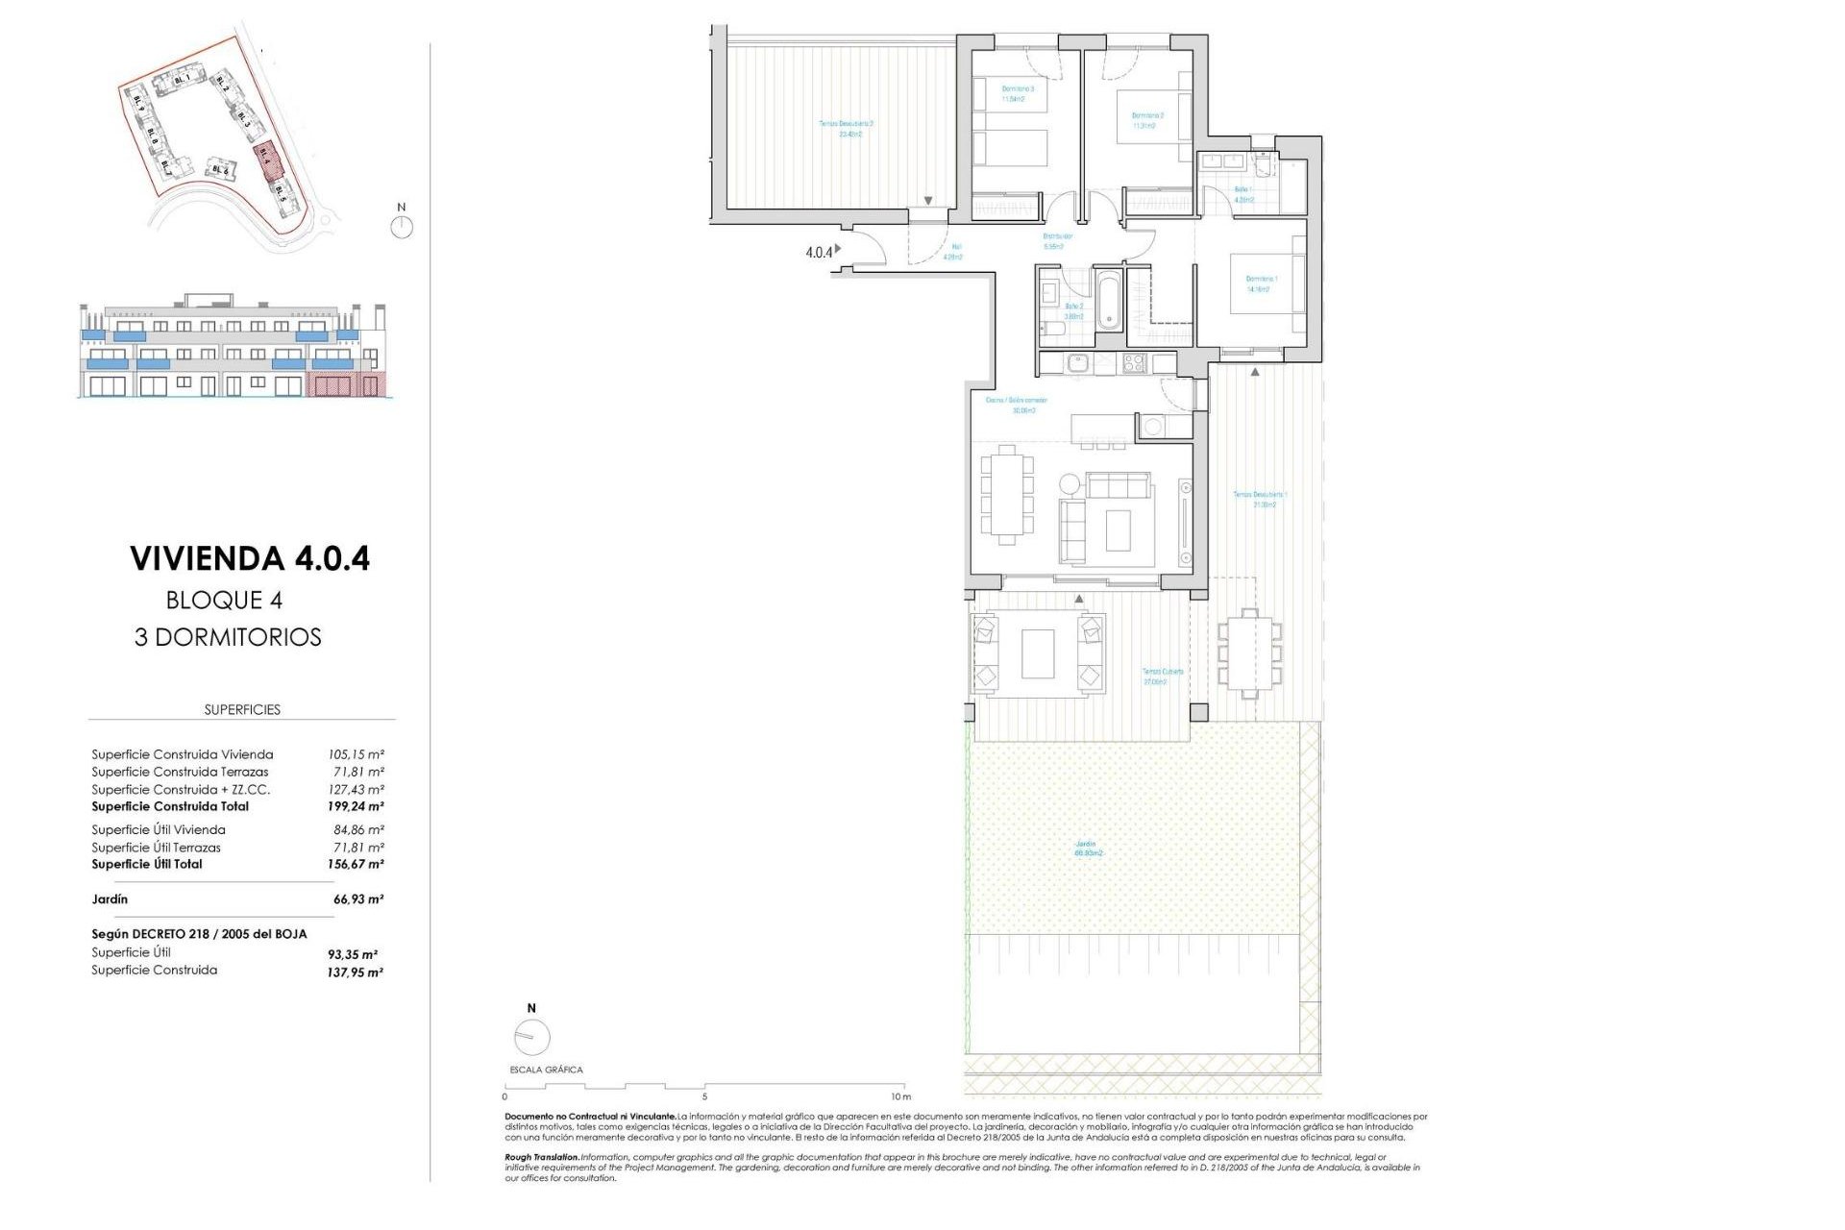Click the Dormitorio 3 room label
[1017, 93]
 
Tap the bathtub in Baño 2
[1109, 300]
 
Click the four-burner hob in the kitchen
[1134, 363]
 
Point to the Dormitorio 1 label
[1261, 283]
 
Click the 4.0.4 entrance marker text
[819, 253]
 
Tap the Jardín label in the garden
[1088, 849]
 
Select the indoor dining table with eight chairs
[1006, 495]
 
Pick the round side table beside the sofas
[1069, 482]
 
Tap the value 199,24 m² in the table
[356, 807]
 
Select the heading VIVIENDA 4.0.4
[250, 558]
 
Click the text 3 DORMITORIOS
[228, 637]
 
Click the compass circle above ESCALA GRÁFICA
[531, 1037]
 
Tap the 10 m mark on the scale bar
[899, 1096]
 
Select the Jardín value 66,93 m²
[357, 899]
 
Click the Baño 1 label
[1243, 195]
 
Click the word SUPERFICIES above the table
[242, 710]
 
